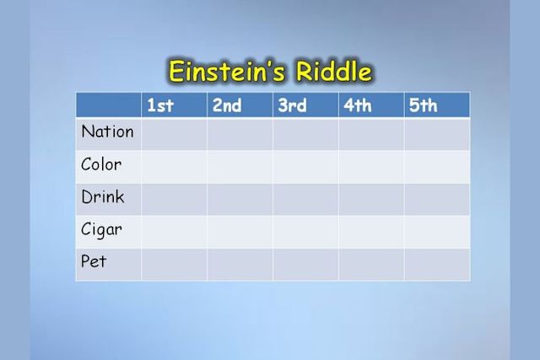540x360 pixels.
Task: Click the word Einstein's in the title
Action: pos(227,72)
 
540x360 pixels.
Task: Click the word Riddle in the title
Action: pos(334,72)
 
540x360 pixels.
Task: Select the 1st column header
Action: pos(160,105)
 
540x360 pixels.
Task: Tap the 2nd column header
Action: pos(227,105)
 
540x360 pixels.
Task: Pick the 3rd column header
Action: pos(292,105)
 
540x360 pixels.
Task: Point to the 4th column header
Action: pos(358,105)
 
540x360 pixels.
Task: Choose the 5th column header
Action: pos(424,105)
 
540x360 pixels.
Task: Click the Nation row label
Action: pos(107,132)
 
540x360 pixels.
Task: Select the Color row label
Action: pos(101,164)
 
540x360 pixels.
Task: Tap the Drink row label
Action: pos(103,197)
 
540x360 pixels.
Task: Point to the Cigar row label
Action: pos(101,230)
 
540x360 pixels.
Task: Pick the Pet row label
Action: pos(94,261)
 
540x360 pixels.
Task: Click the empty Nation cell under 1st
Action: pos(175,134)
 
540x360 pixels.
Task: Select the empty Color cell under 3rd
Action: pos(305,167)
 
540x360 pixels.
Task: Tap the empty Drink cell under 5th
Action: pos(437,199)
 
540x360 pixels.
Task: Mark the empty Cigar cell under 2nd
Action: pos(240,232)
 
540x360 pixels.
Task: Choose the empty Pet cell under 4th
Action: pos(371,265)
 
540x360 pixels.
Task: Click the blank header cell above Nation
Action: pos(109,105)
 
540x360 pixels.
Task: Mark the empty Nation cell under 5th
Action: pos(437,134)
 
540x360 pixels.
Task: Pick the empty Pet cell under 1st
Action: pos(175,265)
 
